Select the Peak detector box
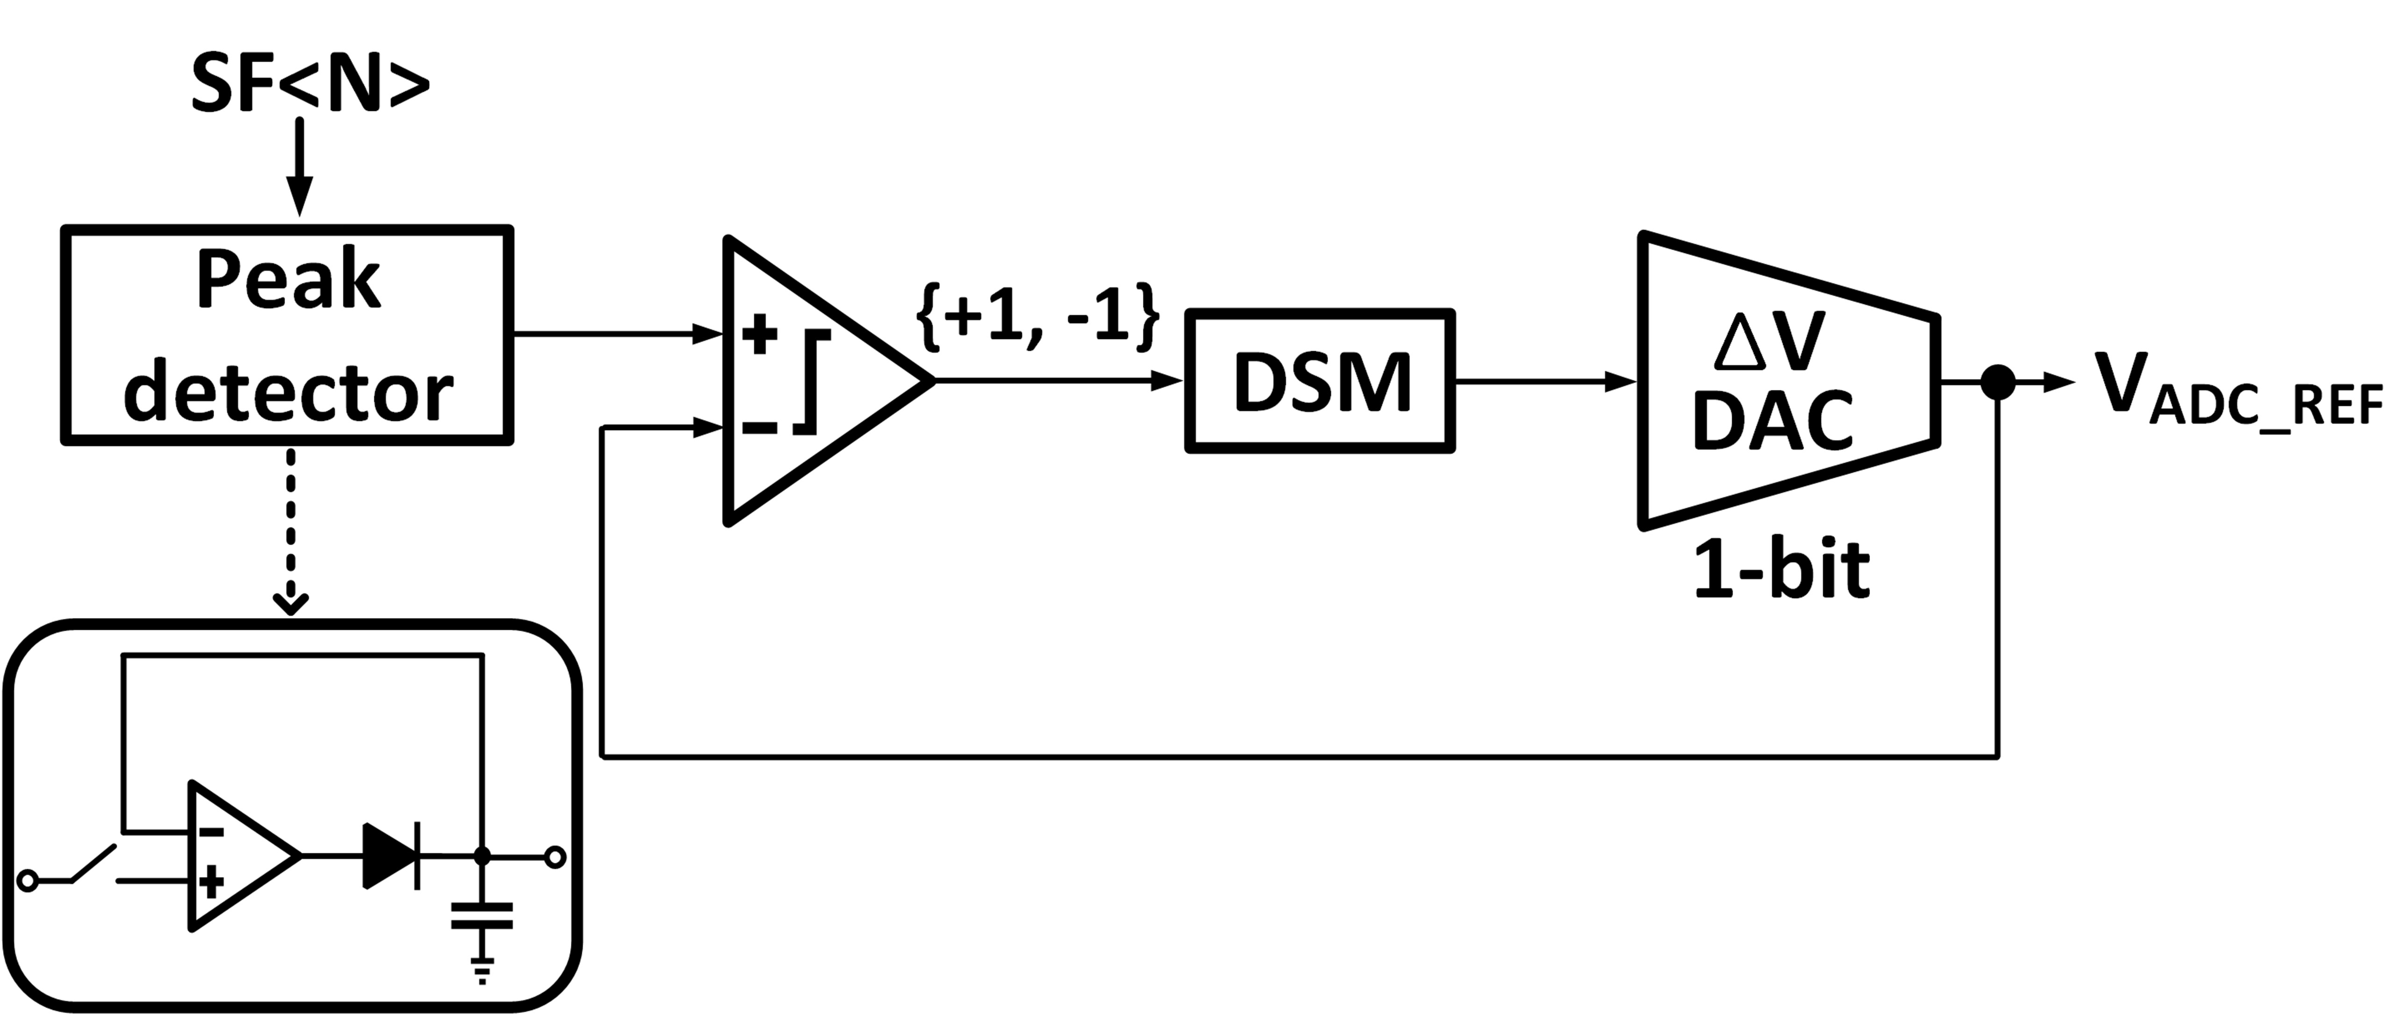tap(287, 334)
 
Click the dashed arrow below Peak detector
tap(291, 532)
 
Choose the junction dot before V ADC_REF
tap(1998, 381)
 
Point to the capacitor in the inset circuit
tap(482, 915)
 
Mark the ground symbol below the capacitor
tap(482, 971)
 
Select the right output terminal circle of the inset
tap(556, 856)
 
